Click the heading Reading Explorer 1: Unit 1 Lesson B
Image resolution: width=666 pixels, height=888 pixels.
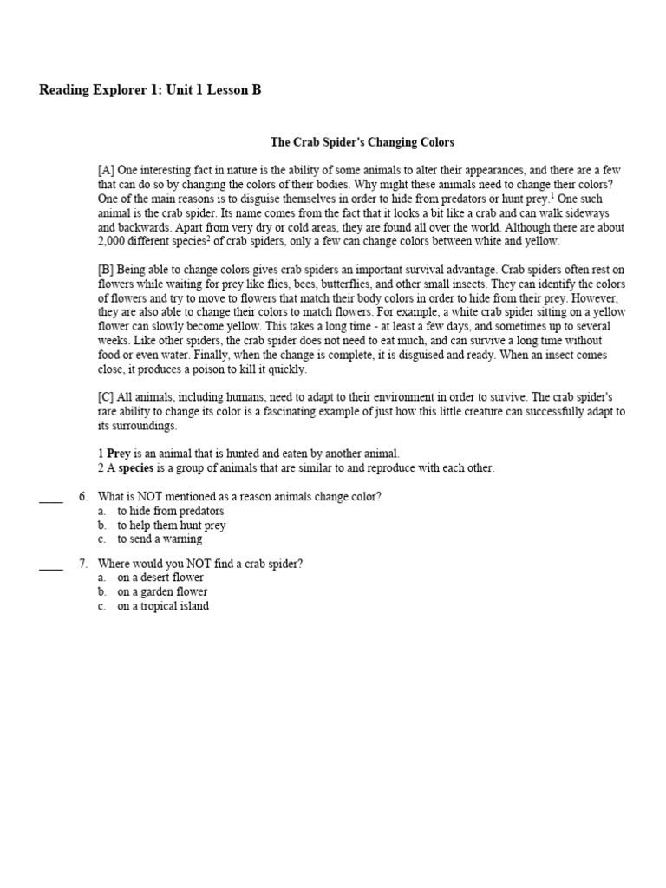pos(150,90)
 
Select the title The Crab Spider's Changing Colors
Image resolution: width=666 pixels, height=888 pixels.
pos(362,141)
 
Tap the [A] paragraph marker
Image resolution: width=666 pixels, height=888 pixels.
pos(106,170)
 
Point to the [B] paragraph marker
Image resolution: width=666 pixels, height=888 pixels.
pos(106,270)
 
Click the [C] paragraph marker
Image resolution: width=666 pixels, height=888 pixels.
pos(106,397)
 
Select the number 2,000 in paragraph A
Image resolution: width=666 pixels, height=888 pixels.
pos(114,241)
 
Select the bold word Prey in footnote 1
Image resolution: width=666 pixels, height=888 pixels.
pos(118,454)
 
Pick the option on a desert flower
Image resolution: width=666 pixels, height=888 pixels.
pos(161,578)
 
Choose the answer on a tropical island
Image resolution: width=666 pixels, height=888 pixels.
pos(163,606)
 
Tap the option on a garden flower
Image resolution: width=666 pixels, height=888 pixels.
pos(162,591)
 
